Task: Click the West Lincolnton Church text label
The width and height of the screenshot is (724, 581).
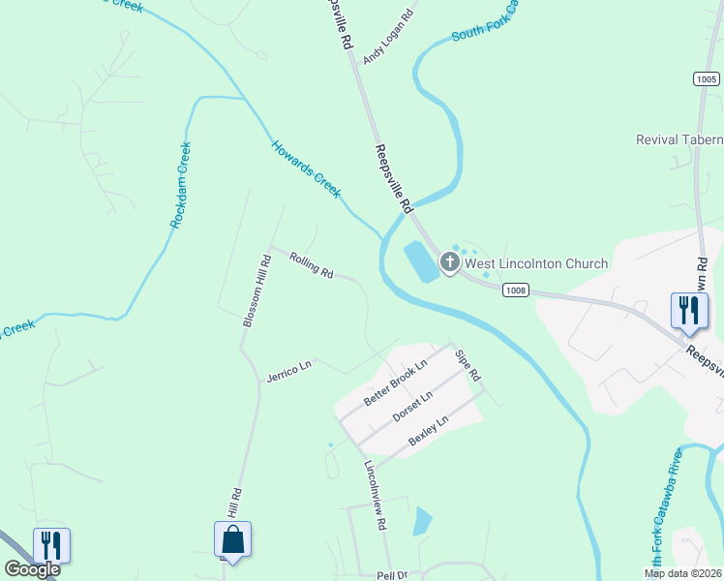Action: (536, 263)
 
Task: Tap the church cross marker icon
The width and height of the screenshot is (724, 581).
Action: (449, 262)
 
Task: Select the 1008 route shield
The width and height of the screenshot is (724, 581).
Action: (515, 289)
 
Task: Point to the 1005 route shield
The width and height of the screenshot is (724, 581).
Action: (707, 78)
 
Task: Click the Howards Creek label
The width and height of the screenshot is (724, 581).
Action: (306, 168)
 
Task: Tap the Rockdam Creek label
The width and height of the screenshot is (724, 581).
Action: (181, 185)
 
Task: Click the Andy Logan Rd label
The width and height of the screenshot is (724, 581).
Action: (388, 38)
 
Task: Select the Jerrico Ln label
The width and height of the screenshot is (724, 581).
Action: (290, 370)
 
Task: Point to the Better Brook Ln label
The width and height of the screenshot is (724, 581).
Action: (395, 383)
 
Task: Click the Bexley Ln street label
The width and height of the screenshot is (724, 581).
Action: (429, 431)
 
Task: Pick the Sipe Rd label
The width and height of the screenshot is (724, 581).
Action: (468, 365)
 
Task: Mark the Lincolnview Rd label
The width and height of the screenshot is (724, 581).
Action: (376, 494)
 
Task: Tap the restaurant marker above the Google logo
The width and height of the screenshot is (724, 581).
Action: (50, 544)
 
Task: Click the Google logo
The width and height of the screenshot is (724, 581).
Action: (32, 569)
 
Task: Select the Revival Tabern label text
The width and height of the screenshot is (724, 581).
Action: (679, 140)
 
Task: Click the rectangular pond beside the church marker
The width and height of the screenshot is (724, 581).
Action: (422, 261)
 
